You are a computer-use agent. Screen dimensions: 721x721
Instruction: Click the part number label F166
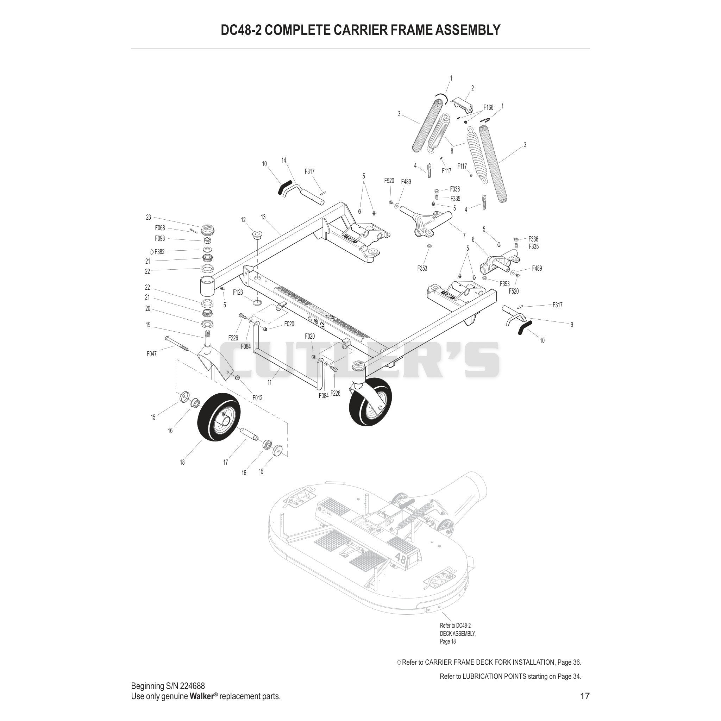click(488, 107)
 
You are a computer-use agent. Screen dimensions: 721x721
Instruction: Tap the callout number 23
click(149, 217)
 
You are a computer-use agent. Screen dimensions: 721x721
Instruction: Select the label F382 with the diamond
click(157, 251)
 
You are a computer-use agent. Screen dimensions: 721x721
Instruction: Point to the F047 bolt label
click(151, 354)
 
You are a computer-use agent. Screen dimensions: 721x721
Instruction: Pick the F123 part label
click(238, 292)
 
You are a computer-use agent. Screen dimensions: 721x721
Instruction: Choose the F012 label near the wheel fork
click(257, 398)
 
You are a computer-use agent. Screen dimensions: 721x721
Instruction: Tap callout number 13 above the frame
click(263, 217)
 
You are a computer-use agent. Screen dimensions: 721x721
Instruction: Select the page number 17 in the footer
click(585, 696)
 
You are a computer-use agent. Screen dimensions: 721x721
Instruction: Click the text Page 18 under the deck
click(448, 641)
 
